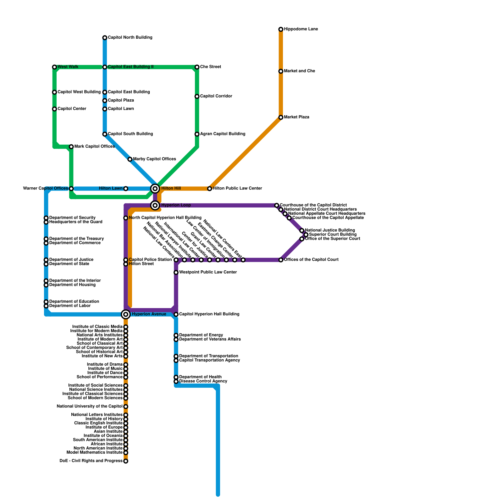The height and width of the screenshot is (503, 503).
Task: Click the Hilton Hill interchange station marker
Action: pyautogui.click(x=155, y=189)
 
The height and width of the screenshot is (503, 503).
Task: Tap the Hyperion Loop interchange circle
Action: pyautogui.click(x=155, y=205)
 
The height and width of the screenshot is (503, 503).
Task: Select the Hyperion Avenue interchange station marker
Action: pyautogui.click(x=126, y=314)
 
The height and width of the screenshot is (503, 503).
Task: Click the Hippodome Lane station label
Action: pyautogui.click(x=301, y=29)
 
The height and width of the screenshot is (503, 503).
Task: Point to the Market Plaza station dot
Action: pyautogui.click(x=281, y=118)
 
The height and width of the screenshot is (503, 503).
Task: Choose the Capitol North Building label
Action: pyautogui.click(x=130, y=38)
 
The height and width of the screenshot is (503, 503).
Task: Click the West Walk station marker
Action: pyautogui.click(x=54, y=67)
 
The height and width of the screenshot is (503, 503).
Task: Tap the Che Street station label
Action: pyautogui.click(x=210, y=67)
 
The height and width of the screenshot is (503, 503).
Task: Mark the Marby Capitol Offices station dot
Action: pyautogui.click(x=130, y=159)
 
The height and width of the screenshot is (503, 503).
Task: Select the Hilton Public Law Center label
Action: pyautogui.click(x=237, y=189)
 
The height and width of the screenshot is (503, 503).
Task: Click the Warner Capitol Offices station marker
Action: pyautogui.click(x=71, y=189)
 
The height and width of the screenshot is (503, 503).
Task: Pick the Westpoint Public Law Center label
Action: pyautogui.click(x=208, y=272)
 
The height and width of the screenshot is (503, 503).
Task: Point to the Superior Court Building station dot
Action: pyautogui.click(x=306, y=235)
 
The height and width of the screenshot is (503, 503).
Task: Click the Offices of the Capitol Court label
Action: pyautogui.click(x=311, y=260)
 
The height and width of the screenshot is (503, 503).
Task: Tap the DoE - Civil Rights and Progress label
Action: pyautogui.click(x=91, y=461)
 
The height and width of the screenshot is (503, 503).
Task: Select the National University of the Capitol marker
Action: pyautogui.click(x=126, y=407)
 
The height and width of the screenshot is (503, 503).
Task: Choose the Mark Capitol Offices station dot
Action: pyautogui.click(x=71, y=147)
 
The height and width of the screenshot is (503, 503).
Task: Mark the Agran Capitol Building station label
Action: pyautogui.click(x=223, y=134)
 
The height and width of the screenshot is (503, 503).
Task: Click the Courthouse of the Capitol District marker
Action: pyautogui.click(x=277, y=205)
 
